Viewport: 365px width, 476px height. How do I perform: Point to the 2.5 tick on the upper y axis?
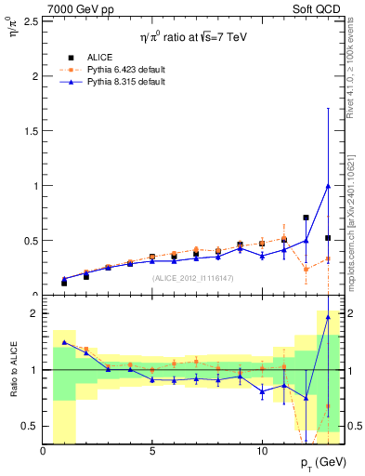(33, 20)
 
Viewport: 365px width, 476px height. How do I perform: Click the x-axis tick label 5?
(152, 450)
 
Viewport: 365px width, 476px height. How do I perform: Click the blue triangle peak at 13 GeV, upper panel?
(328, 185)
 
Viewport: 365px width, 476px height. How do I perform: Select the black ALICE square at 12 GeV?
(306, 218)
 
